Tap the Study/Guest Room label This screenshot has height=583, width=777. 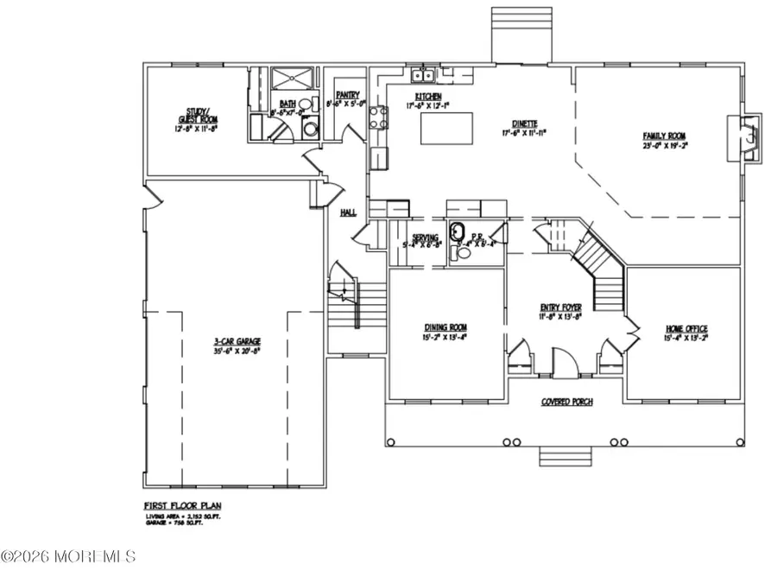click(187, 118)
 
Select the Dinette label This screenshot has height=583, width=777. click(521, 124)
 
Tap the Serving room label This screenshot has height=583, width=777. click(423, 238)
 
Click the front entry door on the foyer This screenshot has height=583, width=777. click(562, 363)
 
